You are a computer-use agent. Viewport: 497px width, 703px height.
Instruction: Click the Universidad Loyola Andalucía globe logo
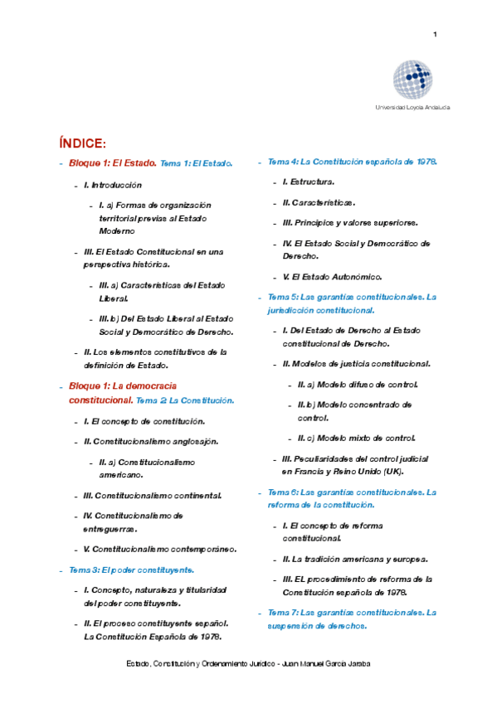(x=412, y=80)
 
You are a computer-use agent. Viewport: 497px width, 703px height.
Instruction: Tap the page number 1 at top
(x=435, y=34)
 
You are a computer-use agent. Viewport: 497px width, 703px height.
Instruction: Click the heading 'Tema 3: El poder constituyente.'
(x=131, y=570)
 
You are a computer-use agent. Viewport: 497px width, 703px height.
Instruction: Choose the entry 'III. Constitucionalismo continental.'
(x=153, y=495)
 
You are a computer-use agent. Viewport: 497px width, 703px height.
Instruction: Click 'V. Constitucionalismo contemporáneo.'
(x=160, y=549)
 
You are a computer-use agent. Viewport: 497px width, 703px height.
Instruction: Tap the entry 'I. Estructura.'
(x=309, y=182)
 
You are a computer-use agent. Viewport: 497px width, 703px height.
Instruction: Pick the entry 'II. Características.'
(x=319, y=202)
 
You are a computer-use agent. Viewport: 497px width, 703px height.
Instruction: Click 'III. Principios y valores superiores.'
(x=350, y=223)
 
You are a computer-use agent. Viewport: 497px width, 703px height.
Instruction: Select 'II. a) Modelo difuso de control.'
(x=358, y=385)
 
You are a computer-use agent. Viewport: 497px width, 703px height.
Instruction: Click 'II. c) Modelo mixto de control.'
(x=356, y=438)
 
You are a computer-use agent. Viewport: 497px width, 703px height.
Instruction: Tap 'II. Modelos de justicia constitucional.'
(x=356, y=364)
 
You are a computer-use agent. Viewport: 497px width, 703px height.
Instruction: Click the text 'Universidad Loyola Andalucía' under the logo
(x=412, y=108)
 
